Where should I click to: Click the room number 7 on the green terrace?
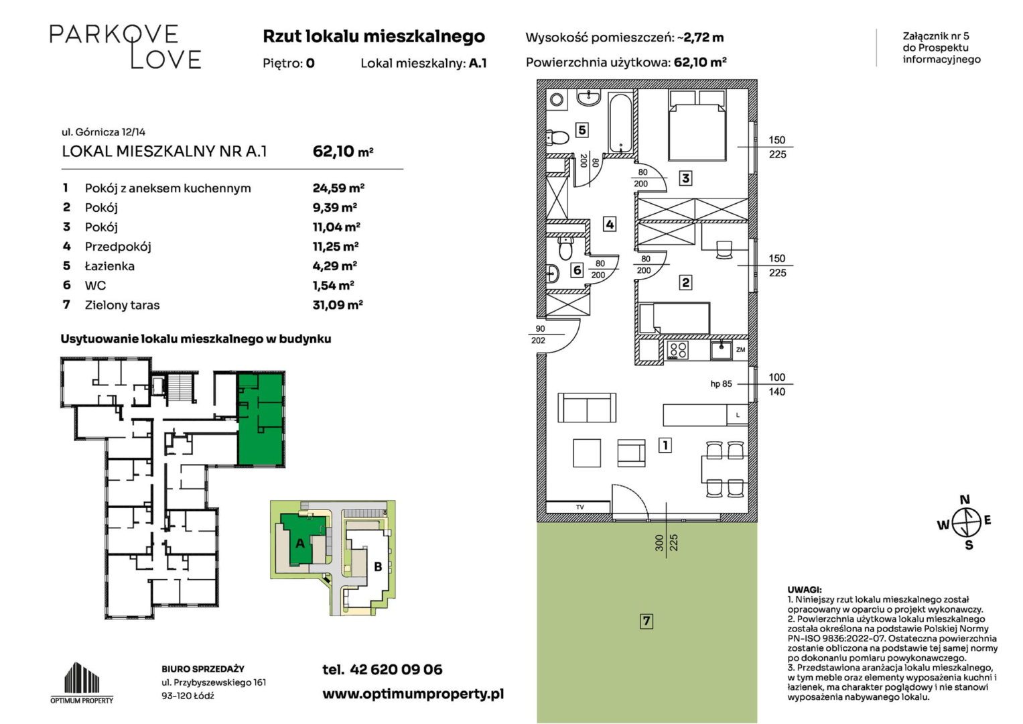click(646, 621)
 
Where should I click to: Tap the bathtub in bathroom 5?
click(620, 123)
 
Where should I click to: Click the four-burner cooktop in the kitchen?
click(677, 351)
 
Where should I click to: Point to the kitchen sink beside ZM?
click(721, 350)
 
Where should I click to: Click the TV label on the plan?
click(579, 507)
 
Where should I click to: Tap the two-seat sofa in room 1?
click(587, 408)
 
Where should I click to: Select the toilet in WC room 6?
click(566, 248)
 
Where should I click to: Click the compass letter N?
click(965, 499)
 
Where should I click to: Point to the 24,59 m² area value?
click(338, 188)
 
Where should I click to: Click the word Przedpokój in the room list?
click(118, 247)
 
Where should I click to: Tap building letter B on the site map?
click(378, 566)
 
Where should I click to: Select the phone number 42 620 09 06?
click(396, 670)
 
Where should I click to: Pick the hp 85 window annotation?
click(721, 384)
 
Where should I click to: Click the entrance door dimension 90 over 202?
click(539, 335)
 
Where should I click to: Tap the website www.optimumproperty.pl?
click(413, 695)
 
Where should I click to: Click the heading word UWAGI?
click(804, 590)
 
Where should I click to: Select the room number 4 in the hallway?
click(610, 225)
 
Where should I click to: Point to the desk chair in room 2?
click(724, 249)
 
